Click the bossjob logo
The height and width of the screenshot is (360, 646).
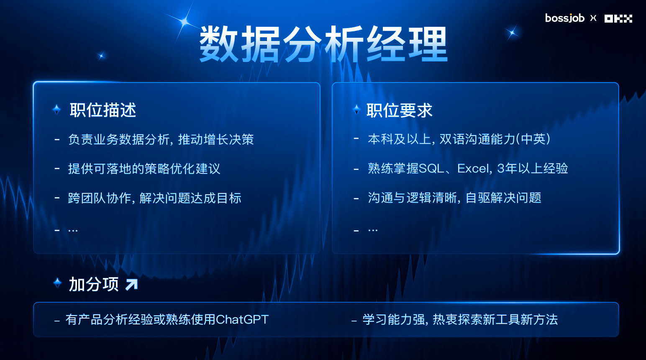565,18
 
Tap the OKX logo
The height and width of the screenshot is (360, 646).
618,18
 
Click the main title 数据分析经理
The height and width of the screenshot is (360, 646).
323,44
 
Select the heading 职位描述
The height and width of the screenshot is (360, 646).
103,110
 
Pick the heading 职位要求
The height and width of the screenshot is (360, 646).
400,110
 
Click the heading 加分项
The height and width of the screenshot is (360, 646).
94,284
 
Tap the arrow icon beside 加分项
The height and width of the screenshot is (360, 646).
131,284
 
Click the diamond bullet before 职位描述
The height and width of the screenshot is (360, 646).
57,109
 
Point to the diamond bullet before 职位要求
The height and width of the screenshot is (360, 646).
357,109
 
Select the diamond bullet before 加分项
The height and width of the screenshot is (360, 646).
57,283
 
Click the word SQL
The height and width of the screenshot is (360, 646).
431,168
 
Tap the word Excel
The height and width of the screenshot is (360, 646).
473,168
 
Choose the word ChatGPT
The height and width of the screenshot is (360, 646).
242,319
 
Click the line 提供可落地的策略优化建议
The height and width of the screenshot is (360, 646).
144,169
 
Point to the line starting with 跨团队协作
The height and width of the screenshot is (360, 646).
154,198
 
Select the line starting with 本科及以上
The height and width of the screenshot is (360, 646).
459,139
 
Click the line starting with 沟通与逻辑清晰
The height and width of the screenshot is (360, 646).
454,198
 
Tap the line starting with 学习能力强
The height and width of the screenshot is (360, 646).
460,320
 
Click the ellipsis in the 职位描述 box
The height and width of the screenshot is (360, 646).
73,231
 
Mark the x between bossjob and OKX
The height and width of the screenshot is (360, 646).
593,18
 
